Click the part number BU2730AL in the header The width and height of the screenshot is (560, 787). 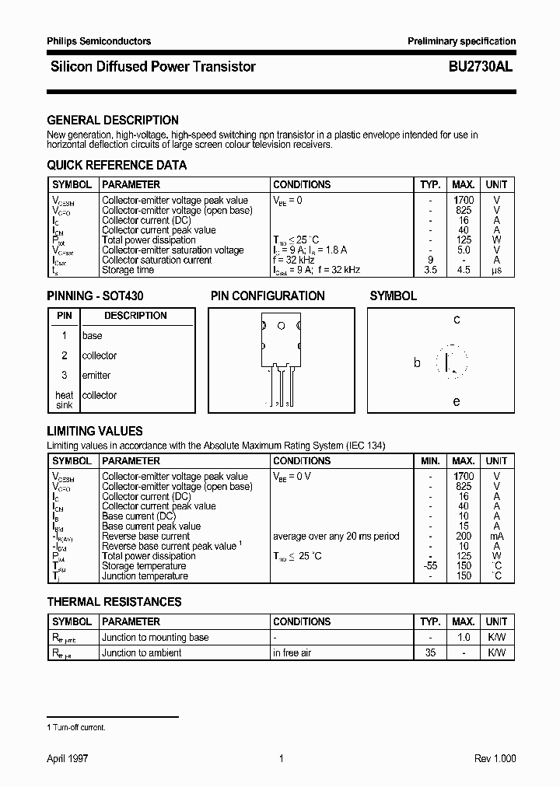click(x=480, y=67)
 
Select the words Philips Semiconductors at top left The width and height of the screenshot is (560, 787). click(x=99, y=41)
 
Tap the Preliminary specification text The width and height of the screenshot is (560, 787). click(x=462, y=41)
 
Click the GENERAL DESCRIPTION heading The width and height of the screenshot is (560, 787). click(x=113, y=121)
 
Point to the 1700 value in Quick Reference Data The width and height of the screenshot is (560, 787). click(x=463, y=201)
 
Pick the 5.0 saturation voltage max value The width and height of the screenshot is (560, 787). click(x=464, y=250)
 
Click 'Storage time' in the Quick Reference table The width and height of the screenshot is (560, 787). click(x=128, y=271)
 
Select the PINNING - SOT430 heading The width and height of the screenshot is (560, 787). click(x=95, y=296)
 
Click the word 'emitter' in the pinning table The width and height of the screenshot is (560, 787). click(x=96, y=376)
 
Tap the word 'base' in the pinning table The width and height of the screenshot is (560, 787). click(x=92, y=336)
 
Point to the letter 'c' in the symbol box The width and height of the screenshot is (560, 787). click(x=457, y=320)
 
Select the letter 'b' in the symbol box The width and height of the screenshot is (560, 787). click(x=417, y=362)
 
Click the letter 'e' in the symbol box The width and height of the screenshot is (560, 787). click(x=457, y=401)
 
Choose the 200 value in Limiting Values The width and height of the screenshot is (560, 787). click(x=464, y=537)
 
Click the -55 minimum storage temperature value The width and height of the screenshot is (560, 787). click(x=430, y=566)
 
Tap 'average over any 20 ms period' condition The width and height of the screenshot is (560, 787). click(x=336, y=537)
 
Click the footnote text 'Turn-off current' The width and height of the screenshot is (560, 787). click(x=79, y=727)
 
